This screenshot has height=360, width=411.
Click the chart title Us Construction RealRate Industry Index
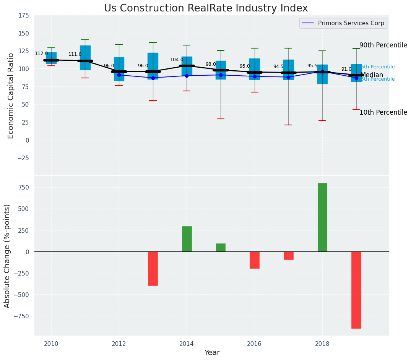tap(206, 8)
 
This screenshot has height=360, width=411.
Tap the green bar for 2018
tap(322, 217)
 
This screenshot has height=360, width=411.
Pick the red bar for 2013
tap(153, 268)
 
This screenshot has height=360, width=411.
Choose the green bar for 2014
tap(187, 239)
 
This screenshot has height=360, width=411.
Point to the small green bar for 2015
tap(221, 247)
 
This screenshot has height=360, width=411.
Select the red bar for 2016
tap(255, 260)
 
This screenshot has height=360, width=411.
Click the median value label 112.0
tap(41, 54)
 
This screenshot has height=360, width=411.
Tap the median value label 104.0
tap(177, 60)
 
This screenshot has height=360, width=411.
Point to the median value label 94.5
tap(278, 66)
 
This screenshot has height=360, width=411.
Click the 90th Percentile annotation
tap(383, 45)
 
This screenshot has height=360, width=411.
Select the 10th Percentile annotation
tap(383, 112)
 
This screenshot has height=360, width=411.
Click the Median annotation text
tap(372, 75)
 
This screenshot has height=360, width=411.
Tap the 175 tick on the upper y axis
tap(24, 15)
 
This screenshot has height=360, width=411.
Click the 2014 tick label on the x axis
tap(187, 344)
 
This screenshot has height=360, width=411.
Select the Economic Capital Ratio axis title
tap(11, 96)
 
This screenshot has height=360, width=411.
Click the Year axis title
tap(212, 352)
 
